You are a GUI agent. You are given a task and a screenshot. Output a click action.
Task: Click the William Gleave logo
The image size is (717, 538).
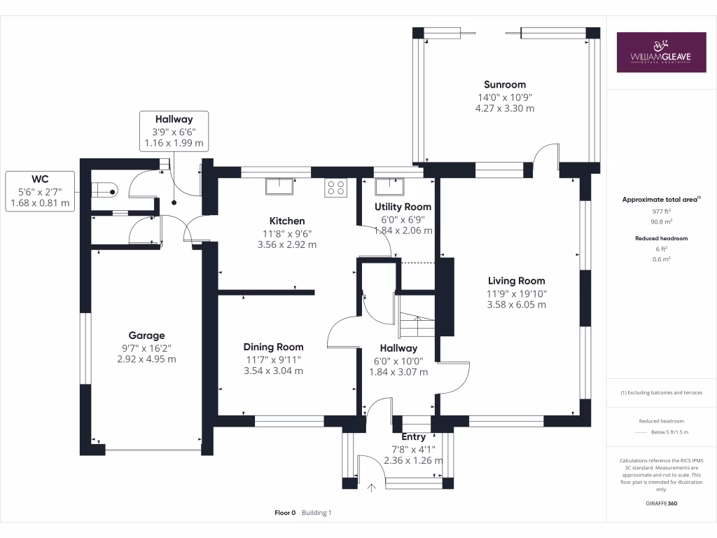coord(660,52)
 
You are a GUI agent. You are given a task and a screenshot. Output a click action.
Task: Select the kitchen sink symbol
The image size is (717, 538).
coord(280,186)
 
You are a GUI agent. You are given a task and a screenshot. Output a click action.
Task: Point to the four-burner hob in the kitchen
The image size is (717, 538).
coord(335,187)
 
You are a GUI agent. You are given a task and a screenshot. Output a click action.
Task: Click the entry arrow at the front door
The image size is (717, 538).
coord(370,485)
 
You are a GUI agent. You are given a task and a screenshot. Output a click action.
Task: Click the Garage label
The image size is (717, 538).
coord(146,336)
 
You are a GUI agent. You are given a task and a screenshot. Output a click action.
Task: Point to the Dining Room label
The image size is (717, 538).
coord(273,347)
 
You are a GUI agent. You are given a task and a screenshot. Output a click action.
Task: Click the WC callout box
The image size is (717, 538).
coord(40,191)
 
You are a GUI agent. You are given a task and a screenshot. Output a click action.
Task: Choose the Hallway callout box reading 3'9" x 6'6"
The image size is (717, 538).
coord(174,131)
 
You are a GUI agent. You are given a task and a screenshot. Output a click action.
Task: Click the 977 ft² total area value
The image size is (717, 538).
coord(661,210)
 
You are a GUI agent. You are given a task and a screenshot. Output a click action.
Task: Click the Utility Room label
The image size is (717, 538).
coord(403,207)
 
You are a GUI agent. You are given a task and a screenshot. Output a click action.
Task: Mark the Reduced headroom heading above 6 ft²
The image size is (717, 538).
coord(661,238)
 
